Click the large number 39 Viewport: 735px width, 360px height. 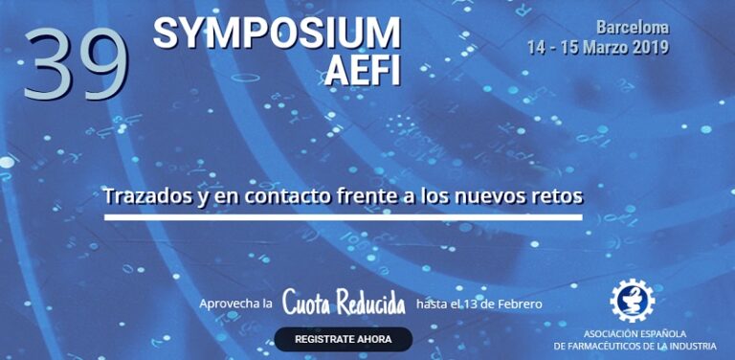point(77,65)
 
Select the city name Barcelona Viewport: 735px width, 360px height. point(633,28)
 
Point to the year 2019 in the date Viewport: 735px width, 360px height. point(649,47)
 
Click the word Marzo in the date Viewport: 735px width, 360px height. point(599,47)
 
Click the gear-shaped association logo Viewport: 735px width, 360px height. point(632,300)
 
